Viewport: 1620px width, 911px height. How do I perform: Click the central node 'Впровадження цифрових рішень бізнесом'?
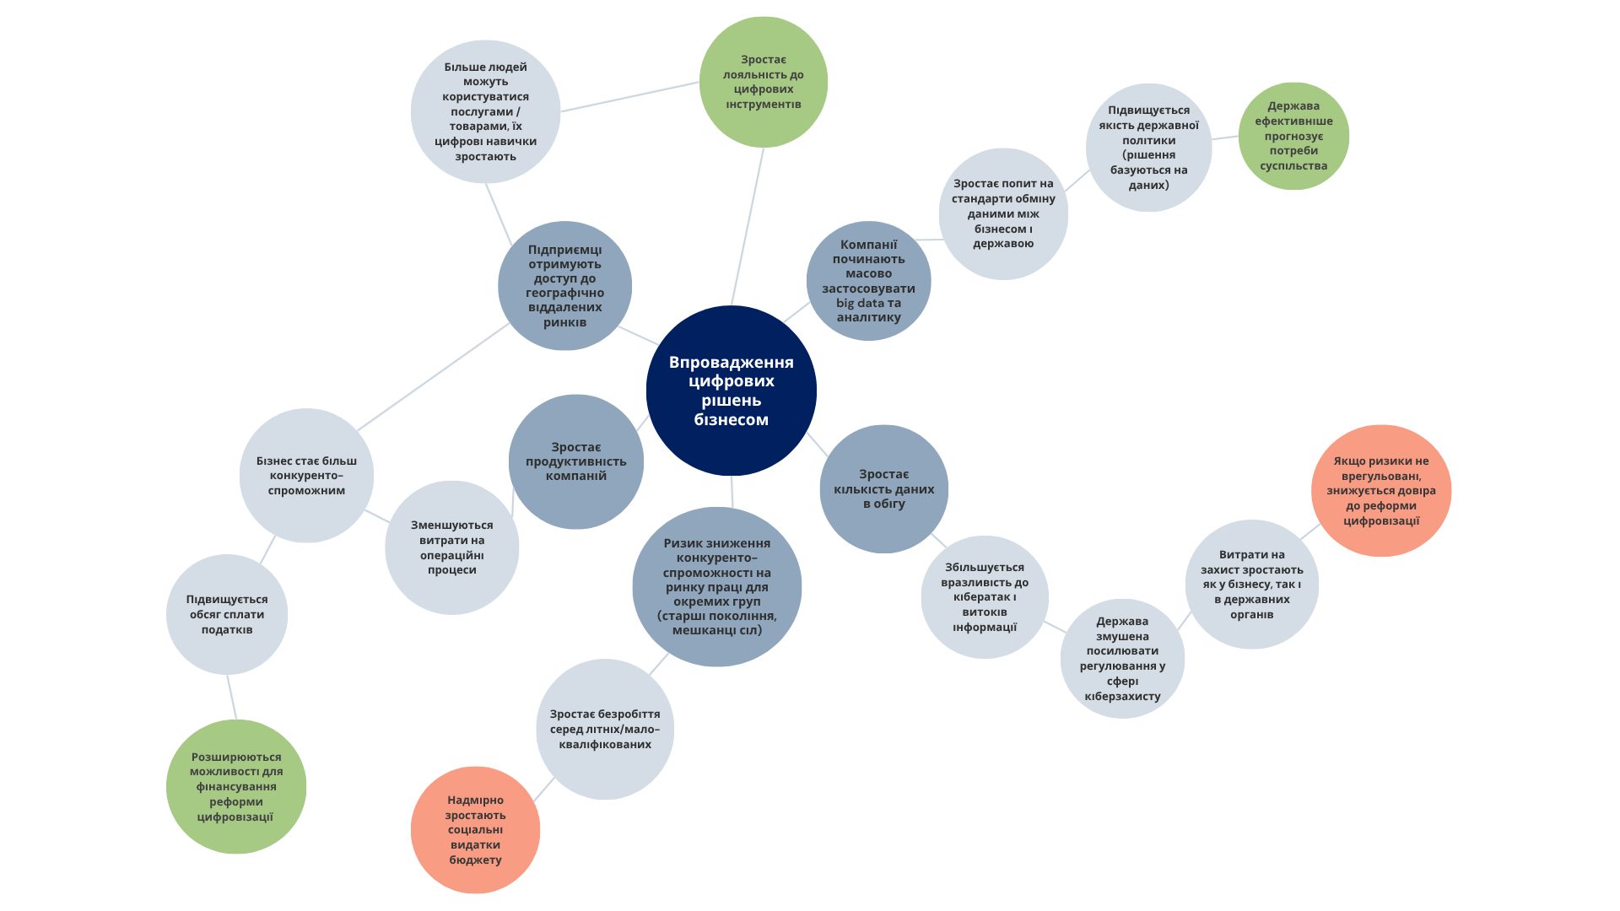click(x=731, y=391)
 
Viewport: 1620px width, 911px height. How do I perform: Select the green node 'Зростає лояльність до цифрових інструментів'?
click(x=763, y=82)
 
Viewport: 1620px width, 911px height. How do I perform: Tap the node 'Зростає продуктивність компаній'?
click(x=575, y=461)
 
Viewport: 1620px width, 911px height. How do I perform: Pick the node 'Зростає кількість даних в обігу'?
click(x=883, y=488)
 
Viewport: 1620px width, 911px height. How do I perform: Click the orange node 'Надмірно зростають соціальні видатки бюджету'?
click(x=475, y=829)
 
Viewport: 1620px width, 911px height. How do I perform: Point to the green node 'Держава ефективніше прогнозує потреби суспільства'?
click(x=1293, y=136)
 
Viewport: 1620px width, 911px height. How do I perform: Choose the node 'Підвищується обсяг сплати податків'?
click(x=226, y=614)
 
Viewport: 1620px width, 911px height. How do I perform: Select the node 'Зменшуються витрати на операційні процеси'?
click(x=451, y=547)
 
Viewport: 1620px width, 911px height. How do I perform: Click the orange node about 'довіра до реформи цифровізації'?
click(x=1380, y=490)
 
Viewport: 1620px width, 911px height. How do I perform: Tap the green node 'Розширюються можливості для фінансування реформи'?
click(x=235, y=786)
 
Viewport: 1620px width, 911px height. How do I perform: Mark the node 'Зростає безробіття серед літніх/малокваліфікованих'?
click(x=604, y=729)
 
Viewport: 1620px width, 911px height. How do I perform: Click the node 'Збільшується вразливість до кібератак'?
click(x=984, y=596)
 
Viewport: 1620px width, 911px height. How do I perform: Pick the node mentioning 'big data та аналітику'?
click(x=868, y=281)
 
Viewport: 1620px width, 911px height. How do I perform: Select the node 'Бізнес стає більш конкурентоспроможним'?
click(x=306, y=475)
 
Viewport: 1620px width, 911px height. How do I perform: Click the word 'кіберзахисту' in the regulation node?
click(x=1122, y=697)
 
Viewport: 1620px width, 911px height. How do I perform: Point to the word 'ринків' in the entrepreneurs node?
click(x=564, y=322)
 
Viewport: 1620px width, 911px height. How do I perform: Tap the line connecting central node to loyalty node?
click(x=748, y=225)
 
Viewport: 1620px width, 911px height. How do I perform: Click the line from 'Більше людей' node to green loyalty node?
click(x=629, y=96)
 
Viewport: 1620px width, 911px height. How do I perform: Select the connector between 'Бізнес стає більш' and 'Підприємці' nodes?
click(x=432, y=377)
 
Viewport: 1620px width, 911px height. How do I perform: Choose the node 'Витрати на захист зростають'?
click(x=1251, y=584)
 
